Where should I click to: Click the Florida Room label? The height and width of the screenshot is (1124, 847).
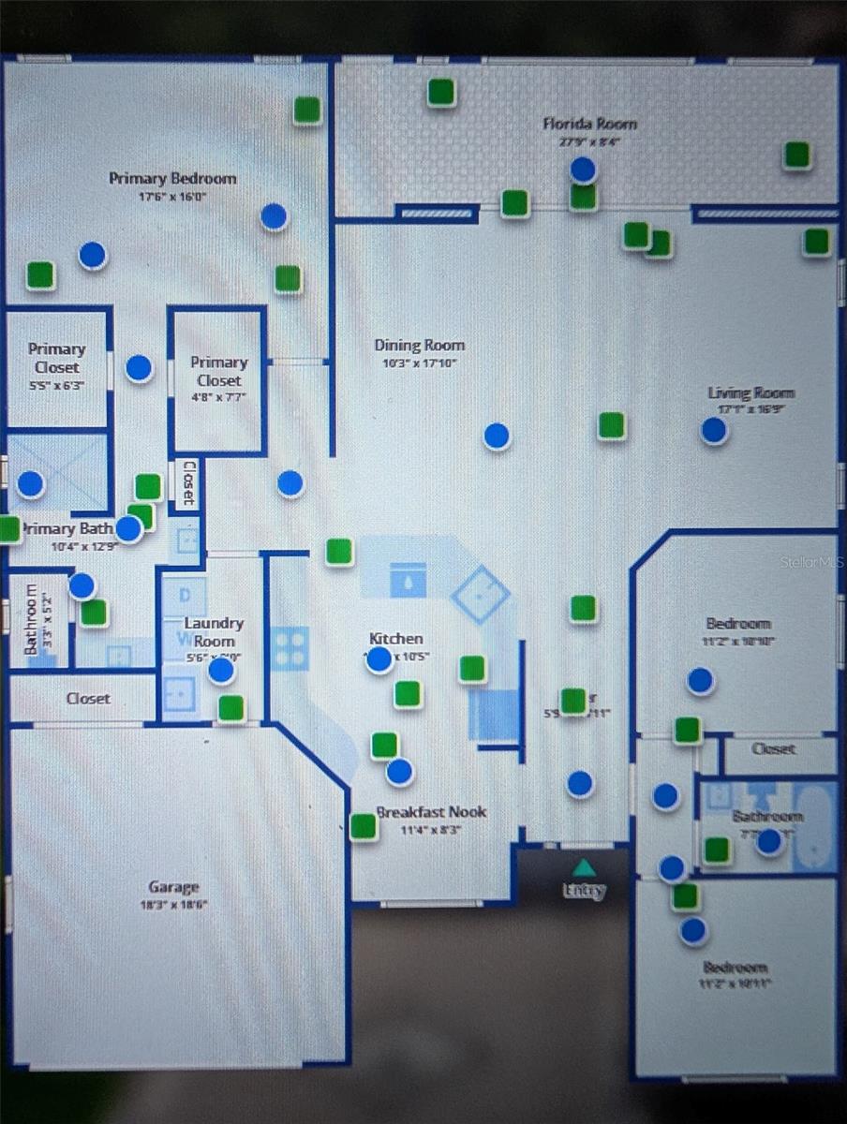tap(589, 124)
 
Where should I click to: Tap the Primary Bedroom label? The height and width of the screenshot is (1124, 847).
tap(172, 178)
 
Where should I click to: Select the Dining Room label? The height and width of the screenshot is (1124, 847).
tap(419, 346)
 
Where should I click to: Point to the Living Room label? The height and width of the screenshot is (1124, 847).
tap(750, 393)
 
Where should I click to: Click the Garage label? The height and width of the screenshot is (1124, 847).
tap(174, 887)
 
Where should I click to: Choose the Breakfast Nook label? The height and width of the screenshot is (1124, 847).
tap(431, 812)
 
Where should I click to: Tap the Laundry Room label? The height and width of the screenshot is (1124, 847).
tap(214, 631)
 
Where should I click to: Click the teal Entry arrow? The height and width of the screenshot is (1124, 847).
tap(584, 868)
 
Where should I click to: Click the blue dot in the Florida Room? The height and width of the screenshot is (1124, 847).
tap(584, 170)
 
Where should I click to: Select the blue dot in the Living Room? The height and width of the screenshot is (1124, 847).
tap(714, 430)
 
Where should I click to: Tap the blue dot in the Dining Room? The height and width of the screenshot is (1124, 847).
tap(497, 436)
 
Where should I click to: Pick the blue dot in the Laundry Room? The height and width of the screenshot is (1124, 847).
tap(221, 670)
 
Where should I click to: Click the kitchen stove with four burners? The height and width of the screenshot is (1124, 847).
tap(290, 648)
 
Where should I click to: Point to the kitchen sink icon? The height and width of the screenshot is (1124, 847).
tap(408, 580)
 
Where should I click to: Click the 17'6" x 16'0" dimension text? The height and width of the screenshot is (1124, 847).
tap(172, 198)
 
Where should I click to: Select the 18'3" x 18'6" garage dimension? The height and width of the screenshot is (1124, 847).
tap(174, 905)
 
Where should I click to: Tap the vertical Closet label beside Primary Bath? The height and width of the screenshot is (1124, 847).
tap(188, 481)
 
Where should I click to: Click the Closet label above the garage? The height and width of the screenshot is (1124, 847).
tap(88, 698)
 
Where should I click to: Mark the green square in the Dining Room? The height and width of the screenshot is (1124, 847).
tap(612, 426)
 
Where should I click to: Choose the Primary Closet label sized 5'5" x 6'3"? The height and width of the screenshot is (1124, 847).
tap(56, 357)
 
